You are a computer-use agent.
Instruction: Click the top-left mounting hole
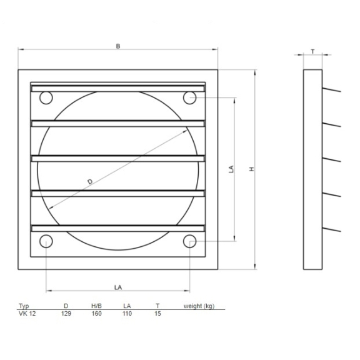tap(46, 97)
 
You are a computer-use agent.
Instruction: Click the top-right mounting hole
tap(189, 97)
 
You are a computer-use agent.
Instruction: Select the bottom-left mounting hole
tap(46, 241)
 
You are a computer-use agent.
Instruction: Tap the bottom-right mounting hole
tap(189, 241)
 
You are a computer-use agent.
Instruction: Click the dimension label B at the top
tap(118, 46)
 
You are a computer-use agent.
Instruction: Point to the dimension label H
tap(252, 169)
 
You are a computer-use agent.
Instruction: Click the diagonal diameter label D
tap(90, 182)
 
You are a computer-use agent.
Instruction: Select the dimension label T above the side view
tap(312, 52)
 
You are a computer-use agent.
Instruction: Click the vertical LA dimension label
tap(231, 169)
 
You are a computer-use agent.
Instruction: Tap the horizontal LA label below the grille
tap(118, 287)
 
